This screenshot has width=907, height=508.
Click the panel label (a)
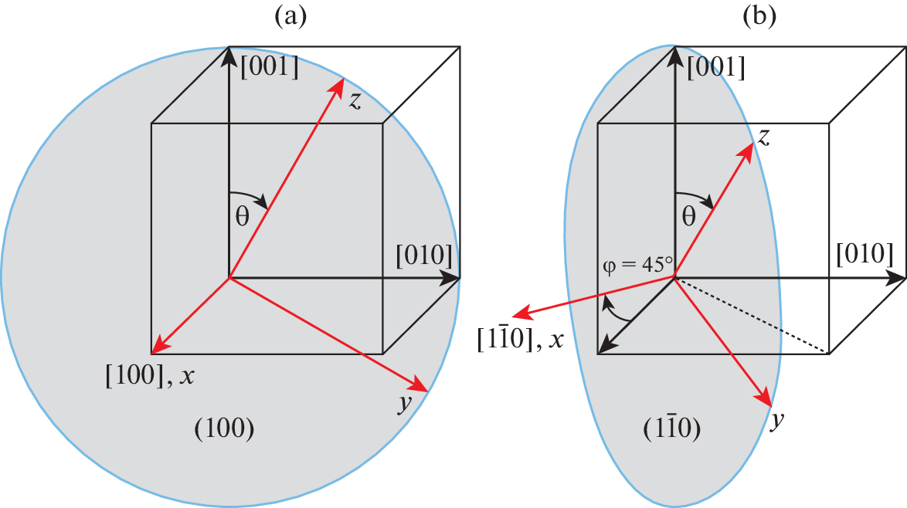click(290, 17)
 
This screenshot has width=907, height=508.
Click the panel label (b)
click(759, 17)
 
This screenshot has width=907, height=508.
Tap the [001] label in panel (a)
click(270, 67)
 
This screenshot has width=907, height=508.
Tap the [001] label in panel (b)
click(716, 67)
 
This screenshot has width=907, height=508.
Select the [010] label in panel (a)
click(424, 255)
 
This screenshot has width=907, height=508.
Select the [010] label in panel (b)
click(865, 254)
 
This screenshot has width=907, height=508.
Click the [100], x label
click(150, 376)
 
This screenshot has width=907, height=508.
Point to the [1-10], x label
click(520, 339)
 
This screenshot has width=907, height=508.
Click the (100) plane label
click(225, 428)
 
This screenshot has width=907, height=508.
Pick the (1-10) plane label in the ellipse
click(672, 428)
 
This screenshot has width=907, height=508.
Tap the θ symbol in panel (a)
click(242, 217)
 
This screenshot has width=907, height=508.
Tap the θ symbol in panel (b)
click(688, 217)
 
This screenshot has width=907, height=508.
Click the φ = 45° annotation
click(637, 265)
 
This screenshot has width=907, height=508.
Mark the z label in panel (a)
click(355, 100)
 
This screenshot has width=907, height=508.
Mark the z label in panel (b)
click(763, 137)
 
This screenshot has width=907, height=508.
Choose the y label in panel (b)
click(777, 420)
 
